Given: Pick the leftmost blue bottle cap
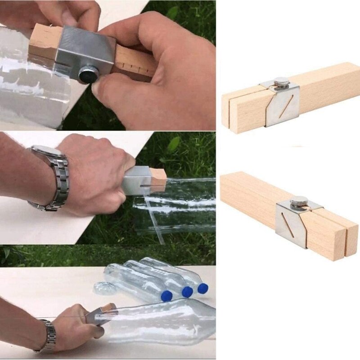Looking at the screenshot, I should coord(166,296).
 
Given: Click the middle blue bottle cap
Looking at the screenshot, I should coord(187,292).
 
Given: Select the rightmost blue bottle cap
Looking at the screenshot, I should coord(202,288).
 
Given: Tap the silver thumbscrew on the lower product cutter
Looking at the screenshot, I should coord(299,201).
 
